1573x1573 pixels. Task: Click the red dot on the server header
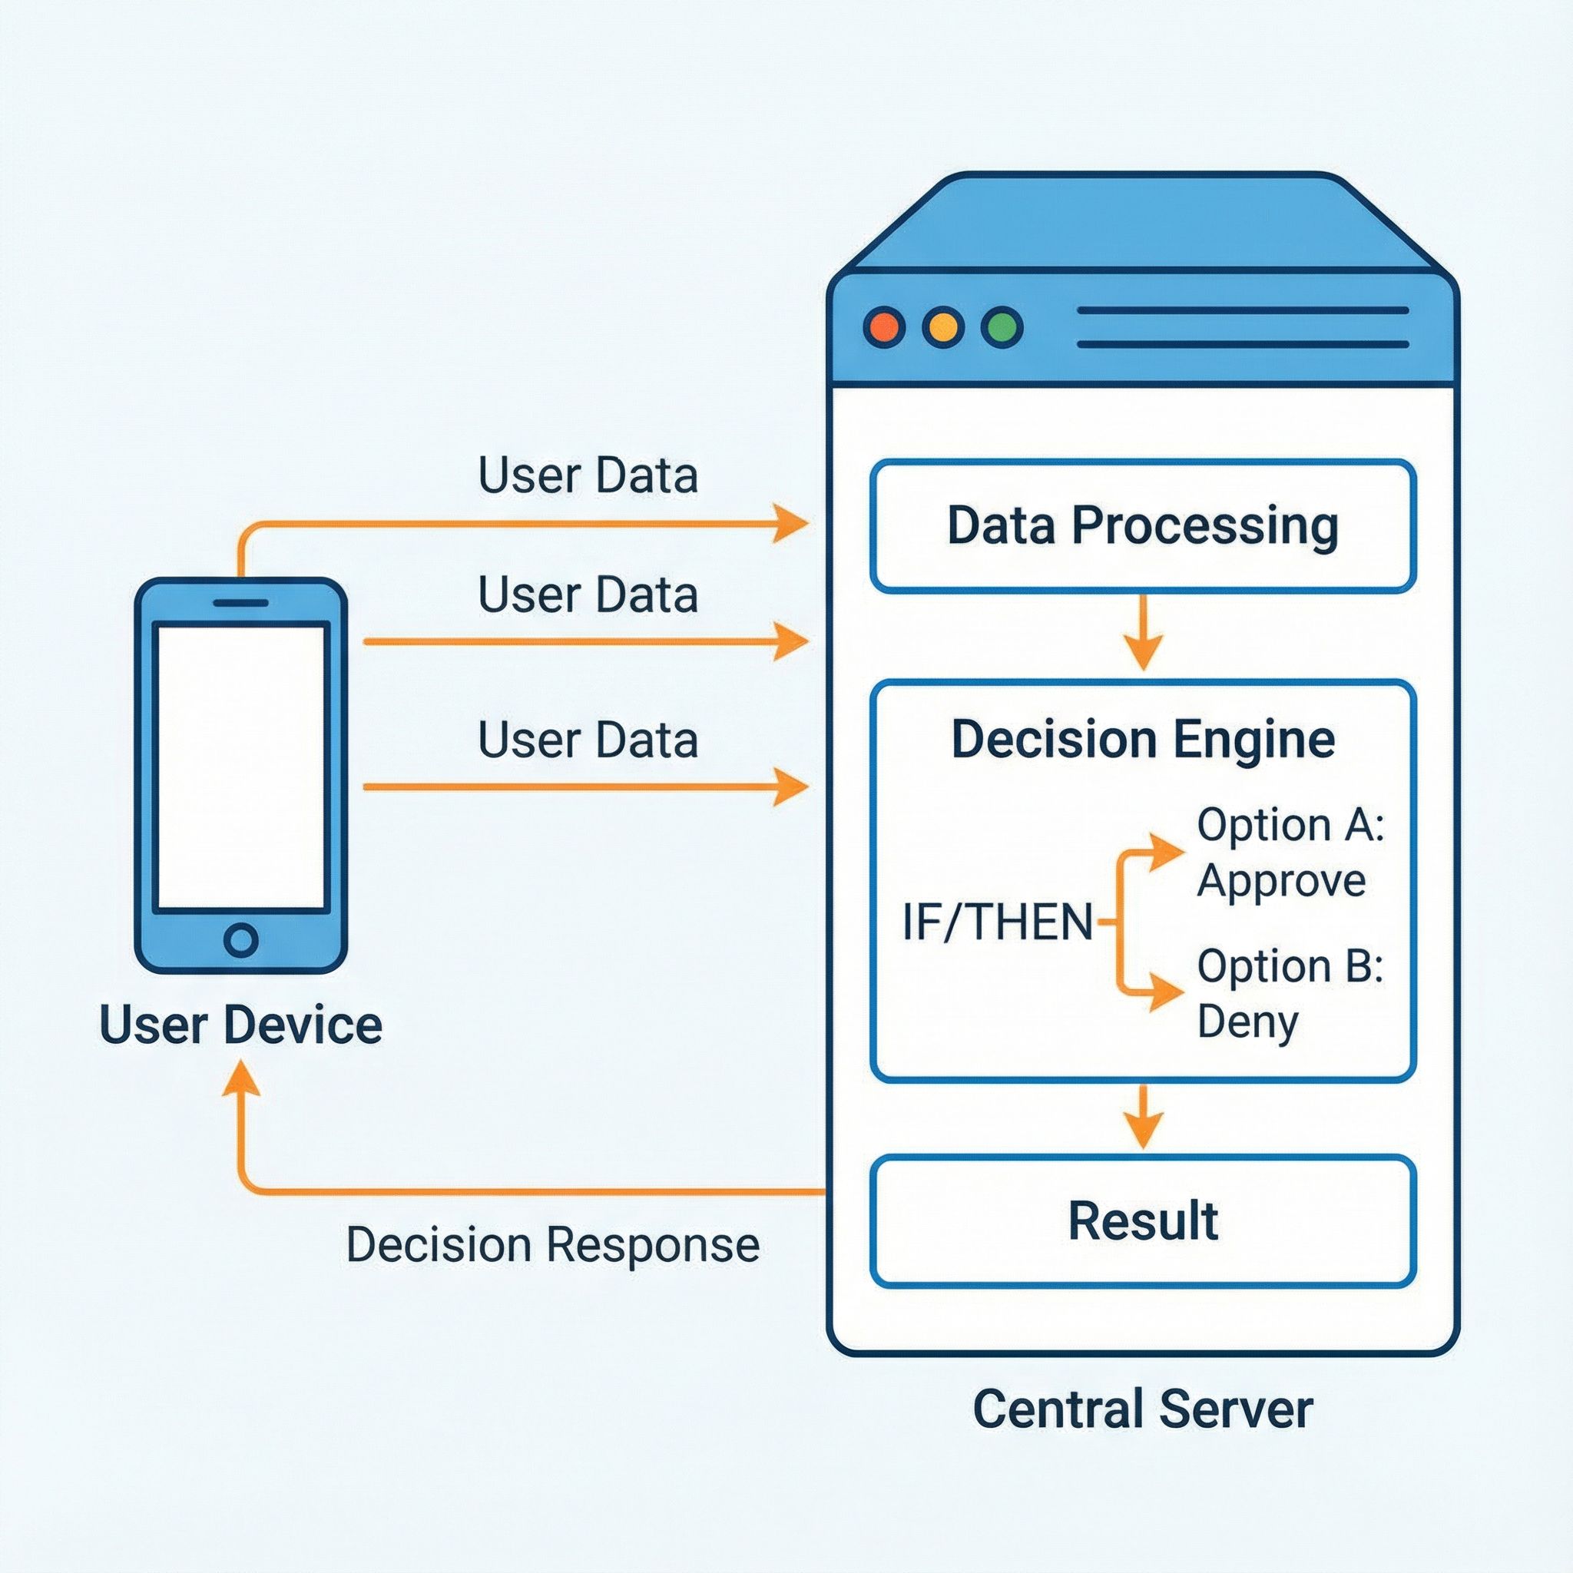pyautogui.click(x=884, y=327)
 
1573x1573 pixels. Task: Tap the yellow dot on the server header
pyautogui.click(x=943, y=327)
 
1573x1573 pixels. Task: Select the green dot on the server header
pyautogui.click(x=1002, y=327)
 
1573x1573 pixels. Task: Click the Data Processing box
pyautogui.click(x=1142, y=526)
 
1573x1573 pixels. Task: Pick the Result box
pyautogui.click(x=1142, y=1221)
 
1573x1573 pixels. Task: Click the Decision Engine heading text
pyautogui.click(x=1142, y=740)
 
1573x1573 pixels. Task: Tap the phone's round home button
pyautogui.click(x=241, y=939)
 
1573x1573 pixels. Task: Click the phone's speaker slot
pyautogui.click(x=241, y=603)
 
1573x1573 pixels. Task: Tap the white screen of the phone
pyautogui.click(x=241, y=765)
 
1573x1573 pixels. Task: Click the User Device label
pyautogui.click(x=241, y=1025)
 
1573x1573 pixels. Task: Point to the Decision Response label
pyautogui.click(x=553, y=1245)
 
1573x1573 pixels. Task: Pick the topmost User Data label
pyautogui.click(x=588, y=475)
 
